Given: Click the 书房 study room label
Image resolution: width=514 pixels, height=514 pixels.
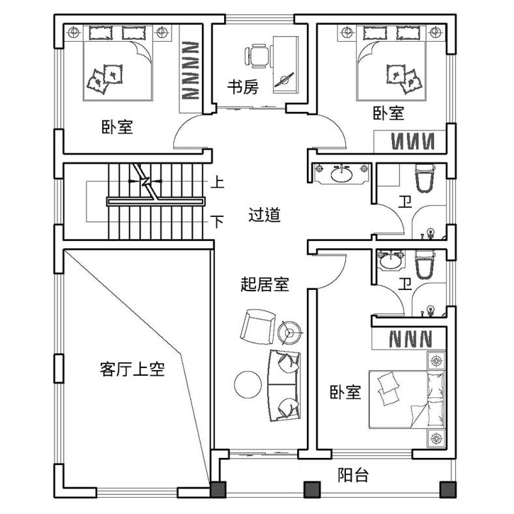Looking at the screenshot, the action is click(243, 87).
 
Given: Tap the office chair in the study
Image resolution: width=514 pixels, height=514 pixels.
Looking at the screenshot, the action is click(257, 56).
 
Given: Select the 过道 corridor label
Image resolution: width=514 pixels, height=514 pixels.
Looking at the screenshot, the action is click(264, 215).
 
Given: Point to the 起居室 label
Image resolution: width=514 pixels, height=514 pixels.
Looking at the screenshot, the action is click(264, 284).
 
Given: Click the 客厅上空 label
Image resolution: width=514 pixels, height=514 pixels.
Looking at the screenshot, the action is click(132, 369).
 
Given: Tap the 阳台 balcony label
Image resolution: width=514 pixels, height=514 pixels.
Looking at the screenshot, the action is click(353, 475).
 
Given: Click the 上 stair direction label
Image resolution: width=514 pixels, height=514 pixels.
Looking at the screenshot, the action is click(218, 182).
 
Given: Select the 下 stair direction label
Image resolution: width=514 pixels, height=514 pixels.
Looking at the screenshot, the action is click(217, 221).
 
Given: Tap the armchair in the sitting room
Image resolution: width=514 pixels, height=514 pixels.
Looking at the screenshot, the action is click(257, 326).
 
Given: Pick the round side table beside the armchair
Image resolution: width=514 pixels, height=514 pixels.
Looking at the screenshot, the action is click(289, 332).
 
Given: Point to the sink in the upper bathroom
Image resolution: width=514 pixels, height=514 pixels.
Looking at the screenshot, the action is click(341, 173).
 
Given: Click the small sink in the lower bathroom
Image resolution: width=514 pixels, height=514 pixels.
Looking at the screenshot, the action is click(390, 261).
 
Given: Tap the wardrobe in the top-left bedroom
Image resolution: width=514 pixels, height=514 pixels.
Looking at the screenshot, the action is click(190, 69).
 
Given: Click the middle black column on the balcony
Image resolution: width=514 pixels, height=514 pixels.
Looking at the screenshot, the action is click(312, 489).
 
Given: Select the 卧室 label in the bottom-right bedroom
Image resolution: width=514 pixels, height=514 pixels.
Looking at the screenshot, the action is click(345, 392).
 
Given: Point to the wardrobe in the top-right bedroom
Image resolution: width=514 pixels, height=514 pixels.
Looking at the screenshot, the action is click(410, 141).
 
